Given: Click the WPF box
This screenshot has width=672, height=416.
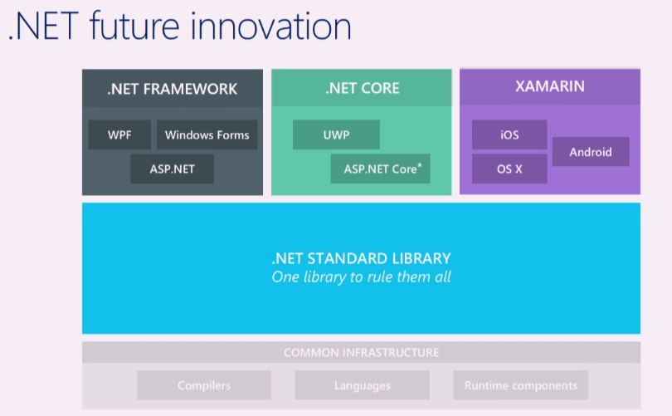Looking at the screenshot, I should tap(120, 135).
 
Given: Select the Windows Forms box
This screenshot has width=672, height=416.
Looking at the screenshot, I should tap(207, 135).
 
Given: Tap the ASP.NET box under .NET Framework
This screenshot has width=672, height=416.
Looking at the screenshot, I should tap(172, 169).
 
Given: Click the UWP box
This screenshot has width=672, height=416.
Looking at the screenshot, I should tap(336, 135).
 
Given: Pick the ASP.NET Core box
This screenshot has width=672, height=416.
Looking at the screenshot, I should tap(380, 169).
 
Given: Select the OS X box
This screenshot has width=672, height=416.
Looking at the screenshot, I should tap(509, 169).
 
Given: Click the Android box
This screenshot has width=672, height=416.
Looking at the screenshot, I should tap(591, 152).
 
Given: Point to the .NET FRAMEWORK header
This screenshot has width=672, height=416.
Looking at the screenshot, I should tap(172, 89).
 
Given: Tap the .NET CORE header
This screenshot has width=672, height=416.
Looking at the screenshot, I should tap(362, 89).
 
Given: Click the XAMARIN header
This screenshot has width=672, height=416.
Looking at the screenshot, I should tap(550, 86).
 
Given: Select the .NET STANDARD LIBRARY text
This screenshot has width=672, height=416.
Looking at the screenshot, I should tap(362, 258).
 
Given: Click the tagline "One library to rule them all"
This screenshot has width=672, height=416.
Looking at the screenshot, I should tap(362, 277).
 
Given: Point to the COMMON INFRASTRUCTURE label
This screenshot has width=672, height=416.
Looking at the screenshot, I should tap(362, 352).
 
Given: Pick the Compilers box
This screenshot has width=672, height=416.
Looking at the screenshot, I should tap(204, 385).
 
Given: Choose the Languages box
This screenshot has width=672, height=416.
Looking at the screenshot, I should tap(362, 385).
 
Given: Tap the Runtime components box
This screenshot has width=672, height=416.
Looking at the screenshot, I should tap(521, 385).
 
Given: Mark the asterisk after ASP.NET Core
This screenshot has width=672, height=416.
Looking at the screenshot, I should tap(420, 165).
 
